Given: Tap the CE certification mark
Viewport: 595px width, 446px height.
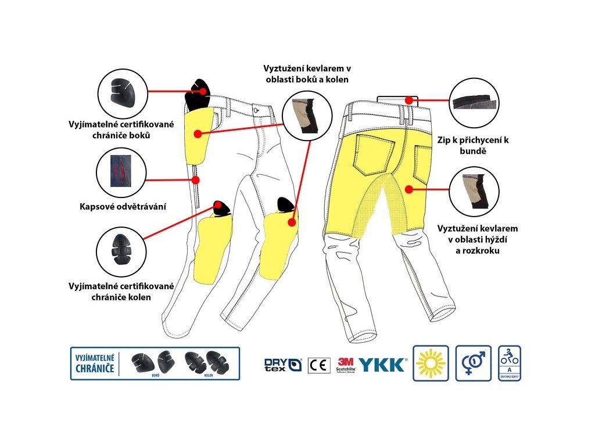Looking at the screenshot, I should tap(318, 364).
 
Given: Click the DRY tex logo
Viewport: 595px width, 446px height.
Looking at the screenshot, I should tap(282, 365).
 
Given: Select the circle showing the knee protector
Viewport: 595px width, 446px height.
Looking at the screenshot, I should tap(120, 251).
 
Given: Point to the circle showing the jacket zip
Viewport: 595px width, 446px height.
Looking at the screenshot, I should tap(475, 102).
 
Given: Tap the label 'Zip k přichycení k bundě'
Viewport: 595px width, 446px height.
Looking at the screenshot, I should tap(474, 145).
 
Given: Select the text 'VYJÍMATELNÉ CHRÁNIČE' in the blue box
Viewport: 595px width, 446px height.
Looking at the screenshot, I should tap(94, 363).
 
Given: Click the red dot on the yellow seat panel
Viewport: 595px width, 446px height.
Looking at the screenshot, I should tap(409, 189).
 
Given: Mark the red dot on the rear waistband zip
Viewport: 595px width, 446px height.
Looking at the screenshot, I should tap(409, 100).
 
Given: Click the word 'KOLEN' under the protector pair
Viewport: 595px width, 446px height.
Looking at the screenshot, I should tap(208, 375).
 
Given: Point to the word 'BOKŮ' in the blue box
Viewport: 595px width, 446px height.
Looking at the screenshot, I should tap(155, 375).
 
